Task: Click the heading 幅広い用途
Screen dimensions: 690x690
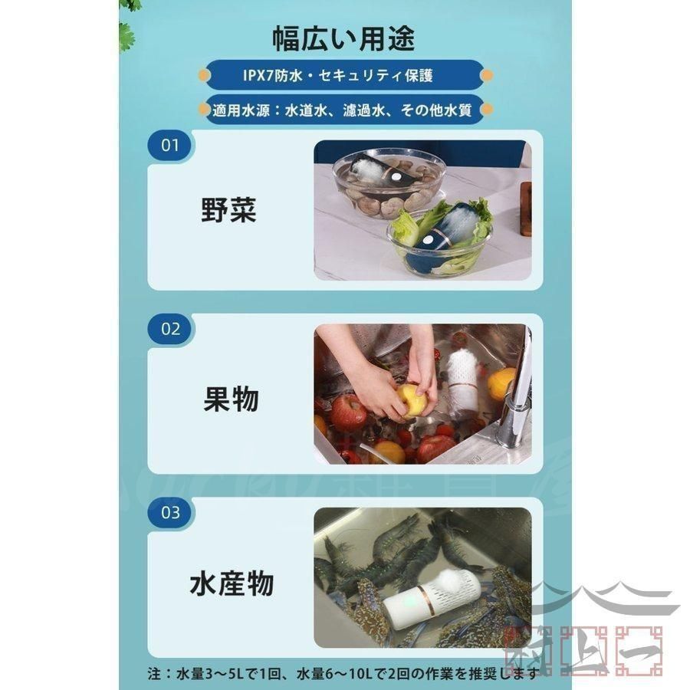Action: [x=344, y=38]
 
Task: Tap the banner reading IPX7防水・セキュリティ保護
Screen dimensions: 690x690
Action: [x=344, y=75]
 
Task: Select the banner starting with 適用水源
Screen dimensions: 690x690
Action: [x=344, y=110]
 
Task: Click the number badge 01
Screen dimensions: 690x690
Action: [x=170, y=144]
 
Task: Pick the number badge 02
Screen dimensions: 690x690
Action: [x=170, y=329]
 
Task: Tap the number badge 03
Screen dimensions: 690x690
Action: [x=170, y=511]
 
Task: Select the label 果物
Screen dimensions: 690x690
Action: [x=231, y=399]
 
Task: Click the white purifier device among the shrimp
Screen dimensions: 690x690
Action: [x=431, y=598]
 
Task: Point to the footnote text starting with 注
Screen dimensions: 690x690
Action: [x=330, y=672]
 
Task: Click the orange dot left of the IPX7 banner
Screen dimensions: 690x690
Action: [x=204, y=75]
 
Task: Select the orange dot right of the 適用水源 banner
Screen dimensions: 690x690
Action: [x=487, y=110]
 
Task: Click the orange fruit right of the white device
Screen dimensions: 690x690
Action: [x=500, y=383]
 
